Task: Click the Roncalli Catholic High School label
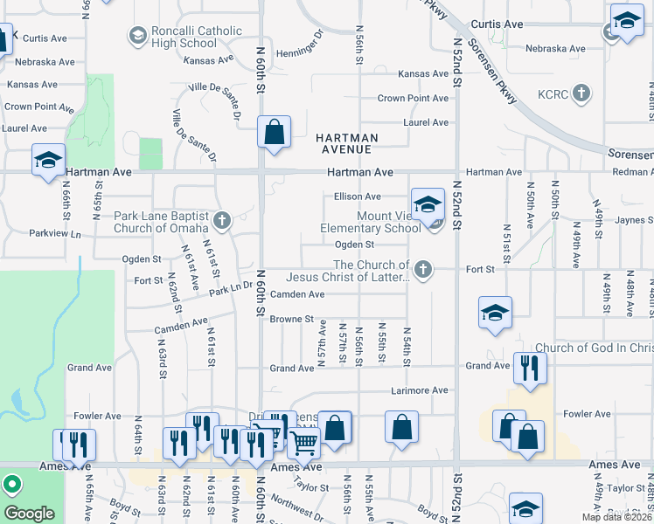pyautogui.click(x=186, y=37)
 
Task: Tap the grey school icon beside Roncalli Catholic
pyautogui.click(x=137, y=36)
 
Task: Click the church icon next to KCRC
pyautogui.click(x=584, y=93)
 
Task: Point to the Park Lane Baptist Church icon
pyautogui.click(x=223, y=221)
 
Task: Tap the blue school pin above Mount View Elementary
pyautogui.click(x=427, y=205)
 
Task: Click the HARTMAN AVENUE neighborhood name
pyautogui.click(x=347, y=144)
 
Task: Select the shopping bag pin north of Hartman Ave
pyautogui.click(x=275, y=133)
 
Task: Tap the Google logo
pyautogui.click(x=29, y=514)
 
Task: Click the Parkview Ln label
pyautogui.click(x=54, y=234)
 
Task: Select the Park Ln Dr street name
pyautogui.click(x=231, y=286)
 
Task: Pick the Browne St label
pyautogui.click(x=291, y=319)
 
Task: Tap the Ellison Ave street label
pyautogui.click(x=358, y=196)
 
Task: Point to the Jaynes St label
pyautogui.click(x=635, y=221)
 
